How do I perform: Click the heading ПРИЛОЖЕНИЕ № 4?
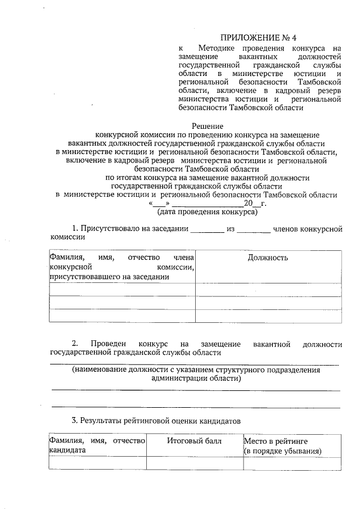(x=258, y=38)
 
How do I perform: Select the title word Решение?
(x=208, y=126)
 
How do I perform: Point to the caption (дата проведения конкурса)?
(x=207, y=213)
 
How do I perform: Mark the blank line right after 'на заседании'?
(x=207, y=230)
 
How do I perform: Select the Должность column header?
(x=268, y=258)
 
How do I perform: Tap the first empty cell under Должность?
(x=268, y=289)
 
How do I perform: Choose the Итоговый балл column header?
(x=194, y=441)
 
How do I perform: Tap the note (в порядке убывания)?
(x=282, y=451)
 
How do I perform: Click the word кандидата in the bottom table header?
(x=67, y=451)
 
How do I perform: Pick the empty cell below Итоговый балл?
(x=194, y=463)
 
